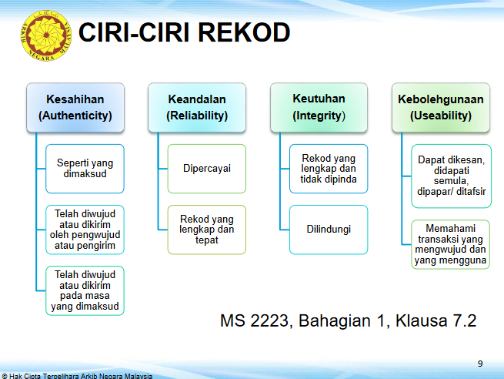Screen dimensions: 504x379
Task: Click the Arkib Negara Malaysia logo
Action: click(x=46, y=35)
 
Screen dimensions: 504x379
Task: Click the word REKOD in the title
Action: click(x=244, y=32)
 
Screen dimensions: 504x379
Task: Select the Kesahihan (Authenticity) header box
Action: click(x=75, y=107)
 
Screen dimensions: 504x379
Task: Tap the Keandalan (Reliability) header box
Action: click(x=197, y=107)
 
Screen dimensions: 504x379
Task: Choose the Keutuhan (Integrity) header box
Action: click(x=319, y=107)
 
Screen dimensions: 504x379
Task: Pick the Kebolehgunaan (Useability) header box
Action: click(x=441, y=107)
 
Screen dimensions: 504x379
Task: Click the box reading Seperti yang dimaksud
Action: click(x=85, y=169)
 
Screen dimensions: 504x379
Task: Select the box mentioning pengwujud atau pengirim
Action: click(x=85, y=230)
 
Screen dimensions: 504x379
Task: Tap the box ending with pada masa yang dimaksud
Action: click(x=85, y=290)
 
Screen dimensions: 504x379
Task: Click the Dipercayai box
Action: click(x=207, y=169)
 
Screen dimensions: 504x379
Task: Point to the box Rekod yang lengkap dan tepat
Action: click(x=207, y=230)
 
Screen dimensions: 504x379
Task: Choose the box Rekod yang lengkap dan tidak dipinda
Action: click(x=329, y=169)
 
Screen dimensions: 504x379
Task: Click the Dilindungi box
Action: click(x=329, y=230)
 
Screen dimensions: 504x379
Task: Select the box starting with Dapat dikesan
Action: click(x=451, y=176)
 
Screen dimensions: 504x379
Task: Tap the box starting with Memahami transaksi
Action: click(x=450, y=244)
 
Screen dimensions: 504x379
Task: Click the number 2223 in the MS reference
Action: click(x=269, y=320)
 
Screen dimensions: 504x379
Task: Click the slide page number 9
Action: click(x=480, y=364)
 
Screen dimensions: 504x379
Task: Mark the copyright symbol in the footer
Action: click(x=4, y=376)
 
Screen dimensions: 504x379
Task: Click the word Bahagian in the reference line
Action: click(x=335, y=321)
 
